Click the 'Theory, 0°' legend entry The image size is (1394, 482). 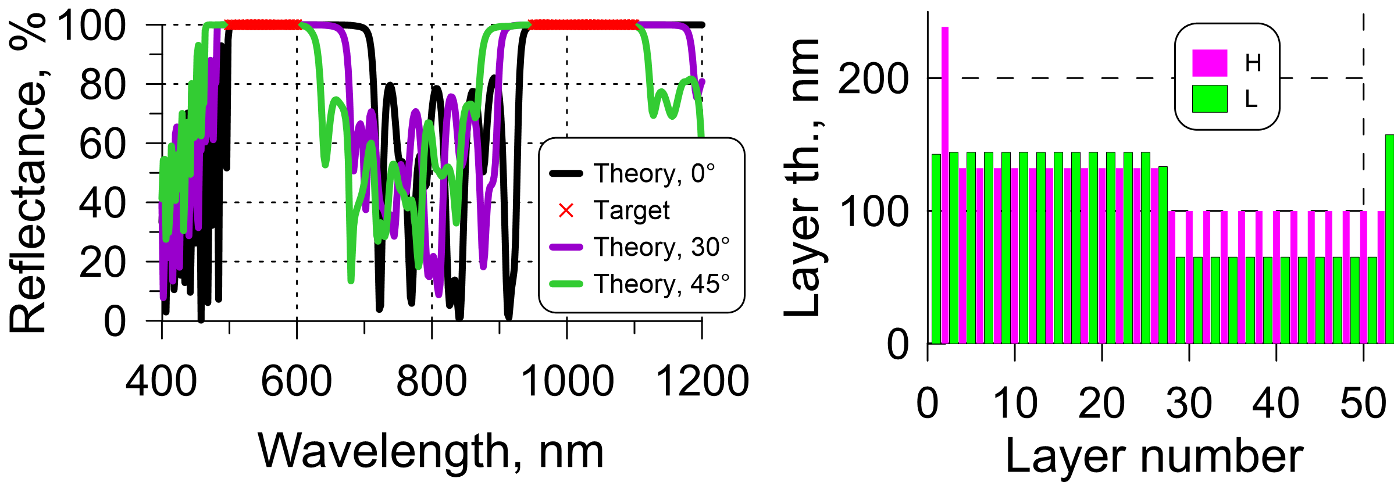[x=654, y=173]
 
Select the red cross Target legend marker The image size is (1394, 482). [x=566, y=210]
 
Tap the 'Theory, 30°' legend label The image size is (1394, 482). [x=661, y=247]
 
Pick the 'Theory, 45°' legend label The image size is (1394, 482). [x=661, y=284]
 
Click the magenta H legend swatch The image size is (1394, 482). [x=1210, y=63]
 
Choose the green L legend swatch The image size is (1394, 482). [x=1210, y=99]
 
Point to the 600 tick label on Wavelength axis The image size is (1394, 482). [x=297, y=381]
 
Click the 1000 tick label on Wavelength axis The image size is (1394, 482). [x=567, y=381]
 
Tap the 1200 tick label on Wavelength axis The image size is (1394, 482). [x=703, y=381]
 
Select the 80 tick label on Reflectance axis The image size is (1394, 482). [x=102, y=85]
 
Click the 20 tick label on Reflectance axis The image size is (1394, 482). [x=102, y=262]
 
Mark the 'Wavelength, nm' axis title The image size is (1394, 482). [x=431, y=451]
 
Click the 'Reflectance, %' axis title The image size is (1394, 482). [x=28, y=173]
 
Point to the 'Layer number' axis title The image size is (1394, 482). [x=1154, y=457]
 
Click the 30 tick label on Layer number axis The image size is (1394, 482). [x=1189, y=403]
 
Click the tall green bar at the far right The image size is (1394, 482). [x=1389, y=239]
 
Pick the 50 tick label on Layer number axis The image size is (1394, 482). [x=1363, y=403]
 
